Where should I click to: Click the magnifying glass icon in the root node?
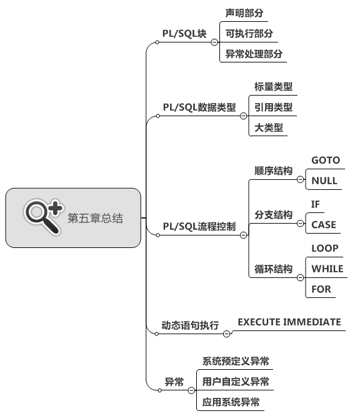click(43, 217)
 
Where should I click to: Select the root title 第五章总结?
click(95, 218)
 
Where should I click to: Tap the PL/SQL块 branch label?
click(184, 34)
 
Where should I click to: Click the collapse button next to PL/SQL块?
click(214, 42)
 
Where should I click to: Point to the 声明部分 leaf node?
click(244, 13)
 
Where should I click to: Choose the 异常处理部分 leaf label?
click(254, 54)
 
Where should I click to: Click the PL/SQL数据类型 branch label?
click(199, 107)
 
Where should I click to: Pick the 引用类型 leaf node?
click(274, 107)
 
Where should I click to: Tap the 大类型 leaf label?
click(269, 127)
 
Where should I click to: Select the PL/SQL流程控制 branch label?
click(199, 227)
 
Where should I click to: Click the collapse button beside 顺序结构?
click(300, 180)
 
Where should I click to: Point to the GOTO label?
click(326, 161)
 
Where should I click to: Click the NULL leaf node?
click(324, 181)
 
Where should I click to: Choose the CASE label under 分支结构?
click(324, 225)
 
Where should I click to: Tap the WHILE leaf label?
click(327, 269)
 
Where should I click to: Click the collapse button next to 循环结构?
click(300, 277)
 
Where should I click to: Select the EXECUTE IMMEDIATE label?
click(289, 322)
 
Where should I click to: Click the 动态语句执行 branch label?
click(190, 325)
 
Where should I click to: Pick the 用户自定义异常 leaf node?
click(236, 382)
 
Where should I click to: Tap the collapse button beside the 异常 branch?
click(191, 390)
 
